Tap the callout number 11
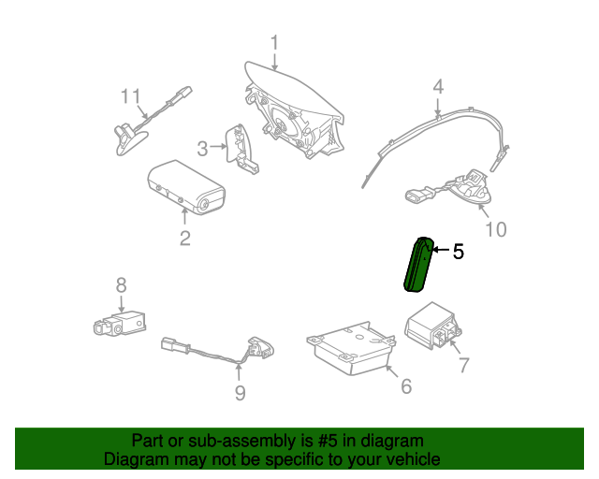tap(131, 96)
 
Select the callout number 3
tap(202, 149)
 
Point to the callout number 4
tap(438, 87)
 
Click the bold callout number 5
tap(459, 252)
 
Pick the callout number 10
tap(496, 229)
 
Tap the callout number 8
tap(121, 285)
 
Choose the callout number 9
tap(240, 393)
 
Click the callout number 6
tap(406, 386)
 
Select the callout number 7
tap(463, 365)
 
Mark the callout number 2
tap(185, 239)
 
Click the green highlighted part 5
tap(418, 265)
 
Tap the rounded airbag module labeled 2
tap(186, 187)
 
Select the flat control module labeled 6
tap(351, 348)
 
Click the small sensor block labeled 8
tap(120, 324)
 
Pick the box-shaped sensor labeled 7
tap(432, 325)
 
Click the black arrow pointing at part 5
tap(440, 250)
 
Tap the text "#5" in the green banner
tap(328, 441)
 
